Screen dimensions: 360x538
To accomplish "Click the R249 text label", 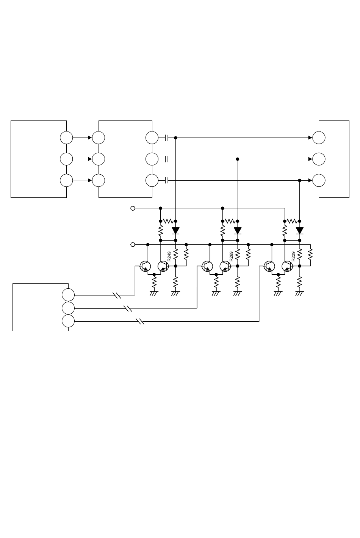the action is (x=169, y=256).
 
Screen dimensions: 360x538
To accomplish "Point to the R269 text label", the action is (x=231, y=256).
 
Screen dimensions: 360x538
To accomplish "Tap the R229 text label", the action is (x=293, y=256).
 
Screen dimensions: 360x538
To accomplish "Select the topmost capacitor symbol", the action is (x=167, y=138).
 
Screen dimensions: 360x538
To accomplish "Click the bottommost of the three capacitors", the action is (x=167, y=180).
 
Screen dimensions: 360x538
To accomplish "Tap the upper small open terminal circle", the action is (x=133, y=208).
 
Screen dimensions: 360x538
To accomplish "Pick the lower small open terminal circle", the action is (x=133, y=244).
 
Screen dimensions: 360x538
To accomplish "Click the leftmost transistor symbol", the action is (x=145, y=266).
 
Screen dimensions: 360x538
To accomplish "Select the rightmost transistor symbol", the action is (x=287, y=266).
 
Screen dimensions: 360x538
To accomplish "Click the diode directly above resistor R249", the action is (x=175, y=231).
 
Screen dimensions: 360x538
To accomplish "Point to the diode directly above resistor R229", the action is (x=299, y=231).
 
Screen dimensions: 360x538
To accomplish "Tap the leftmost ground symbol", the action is (x=154, y=294).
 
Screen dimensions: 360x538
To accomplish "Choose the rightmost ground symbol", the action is (x=299, y=294).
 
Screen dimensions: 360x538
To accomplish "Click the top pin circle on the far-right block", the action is (x=319, y=138).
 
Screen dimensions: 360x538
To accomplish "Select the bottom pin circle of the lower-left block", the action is (x=68, y=321).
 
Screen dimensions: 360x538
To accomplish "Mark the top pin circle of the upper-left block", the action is (x=66, y=138).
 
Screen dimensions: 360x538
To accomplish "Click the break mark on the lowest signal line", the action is (x=140, y=321).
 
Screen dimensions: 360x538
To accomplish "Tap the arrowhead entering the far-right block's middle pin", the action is (x=310, y=159).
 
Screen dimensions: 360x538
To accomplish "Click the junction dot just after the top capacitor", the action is (x=175, y=138).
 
